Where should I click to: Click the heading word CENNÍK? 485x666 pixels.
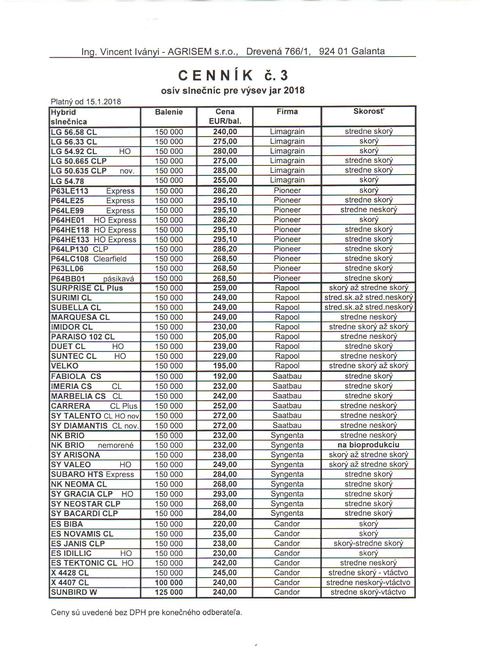point(215,76)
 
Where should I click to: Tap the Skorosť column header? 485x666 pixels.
point(368,112)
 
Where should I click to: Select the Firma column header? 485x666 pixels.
point(287,112)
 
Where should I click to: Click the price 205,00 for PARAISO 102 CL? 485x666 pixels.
point(225,337)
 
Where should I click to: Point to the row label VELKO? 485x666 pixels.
point(65,366)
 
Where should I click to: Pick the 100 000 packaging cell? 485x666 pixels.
point(169,583)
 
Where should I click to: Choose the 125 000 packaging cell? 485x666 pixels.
point(169,592)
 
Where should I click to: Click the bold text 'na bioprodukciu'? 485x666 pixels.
point(368,445)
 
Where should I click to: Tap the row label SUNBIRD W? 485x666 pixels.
point(74,592)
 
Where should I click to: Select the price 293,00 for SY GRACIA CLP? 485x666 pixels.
point(225,494)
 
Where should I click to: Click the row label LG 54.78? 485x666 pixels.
point(67,181)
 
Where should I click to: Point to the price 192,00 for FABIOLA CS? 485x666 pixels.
point(225,376)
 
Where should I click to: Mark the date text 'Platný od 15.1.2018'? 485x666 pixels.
point(86,102)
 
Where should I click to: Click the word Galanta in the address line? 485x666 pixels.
point(368,51)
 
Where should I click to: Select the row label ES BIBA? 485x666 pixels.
point(67,524)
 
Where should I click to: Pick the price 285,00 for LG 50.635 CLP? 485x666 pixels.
point(225,170)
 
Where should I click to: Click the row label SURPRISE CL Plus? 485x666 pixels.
point(87,288)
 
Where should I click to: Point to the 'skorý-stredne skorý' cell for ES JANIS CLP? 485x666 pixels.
point(368,543)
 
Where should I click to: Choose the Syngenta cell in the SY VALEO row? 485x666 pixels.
point(287,464)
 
